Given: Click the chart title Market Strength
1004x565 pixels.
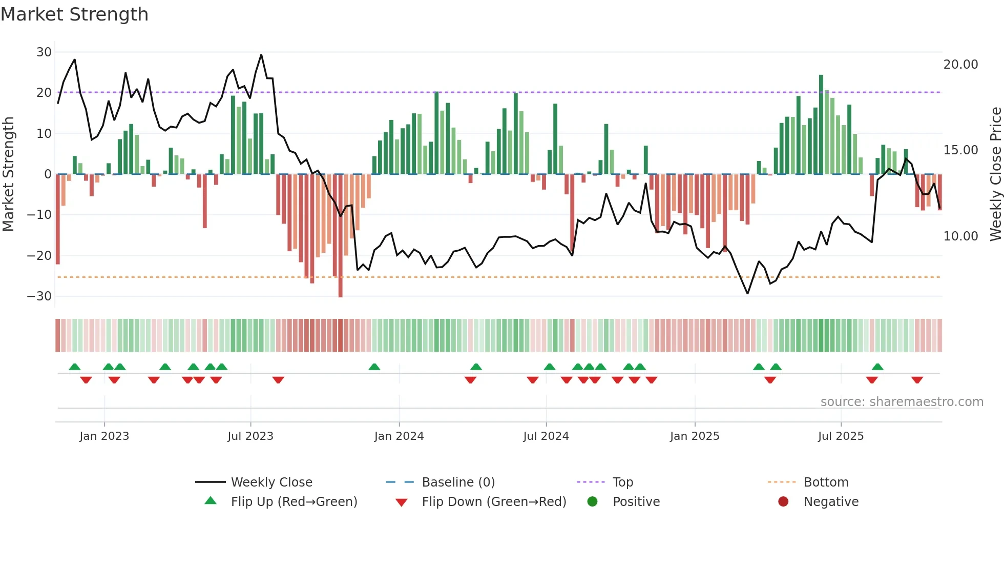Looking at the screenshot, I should pos(74,14).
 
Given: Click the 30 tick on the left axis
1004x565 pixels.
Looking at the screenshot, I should pos(44,52).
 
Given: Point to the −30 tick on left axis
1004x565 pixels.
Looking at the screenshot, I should pos(40,296).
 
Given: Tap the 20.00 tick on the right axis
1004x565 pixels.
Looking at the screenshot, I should pos(960,65).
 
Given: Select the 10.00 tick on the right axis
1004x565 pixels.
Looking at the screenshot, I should pos(960,236).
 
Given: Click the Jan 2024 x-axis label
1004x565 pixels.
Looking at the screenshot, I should pos(399,436).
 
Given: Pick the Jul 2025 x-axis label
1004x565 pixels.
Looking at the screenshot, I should pos(841,436).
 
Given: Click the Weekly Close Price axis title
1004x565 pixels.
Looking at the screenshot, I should pos(995,174).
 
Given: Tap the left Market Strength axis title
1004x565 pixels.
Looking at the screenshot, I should pos(9,174).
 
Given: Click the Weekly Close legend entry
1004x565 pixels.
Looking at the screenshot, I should pos(271,482).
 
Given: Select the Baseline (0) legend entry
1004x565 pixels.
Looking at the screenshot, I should pos(458,482).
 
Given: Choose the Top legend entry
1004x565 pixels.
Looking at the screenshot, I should pos(622,482).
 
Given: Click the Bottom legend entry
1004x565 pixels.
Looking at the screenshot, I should pos(826,482).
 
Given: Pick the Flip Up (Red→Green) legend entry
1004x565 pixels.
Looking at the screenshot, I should pos(294,502).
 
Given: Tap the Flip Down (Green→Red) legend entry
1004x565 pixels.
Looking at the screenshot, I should pos(494,502).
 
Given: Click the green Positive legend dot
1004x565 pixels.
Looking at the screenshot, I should pos(592,502).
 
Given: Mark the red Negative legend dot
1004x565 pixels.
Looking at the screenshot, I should pos(783,502).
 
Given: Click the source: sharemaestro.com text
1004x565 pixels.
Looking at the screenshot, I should pos(902,402).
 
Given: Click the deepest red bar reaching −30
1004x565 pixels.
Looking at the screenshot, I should pos(341,236).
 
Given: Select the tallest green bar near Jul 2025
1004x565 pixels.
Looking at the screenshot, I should pos(821,125).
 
